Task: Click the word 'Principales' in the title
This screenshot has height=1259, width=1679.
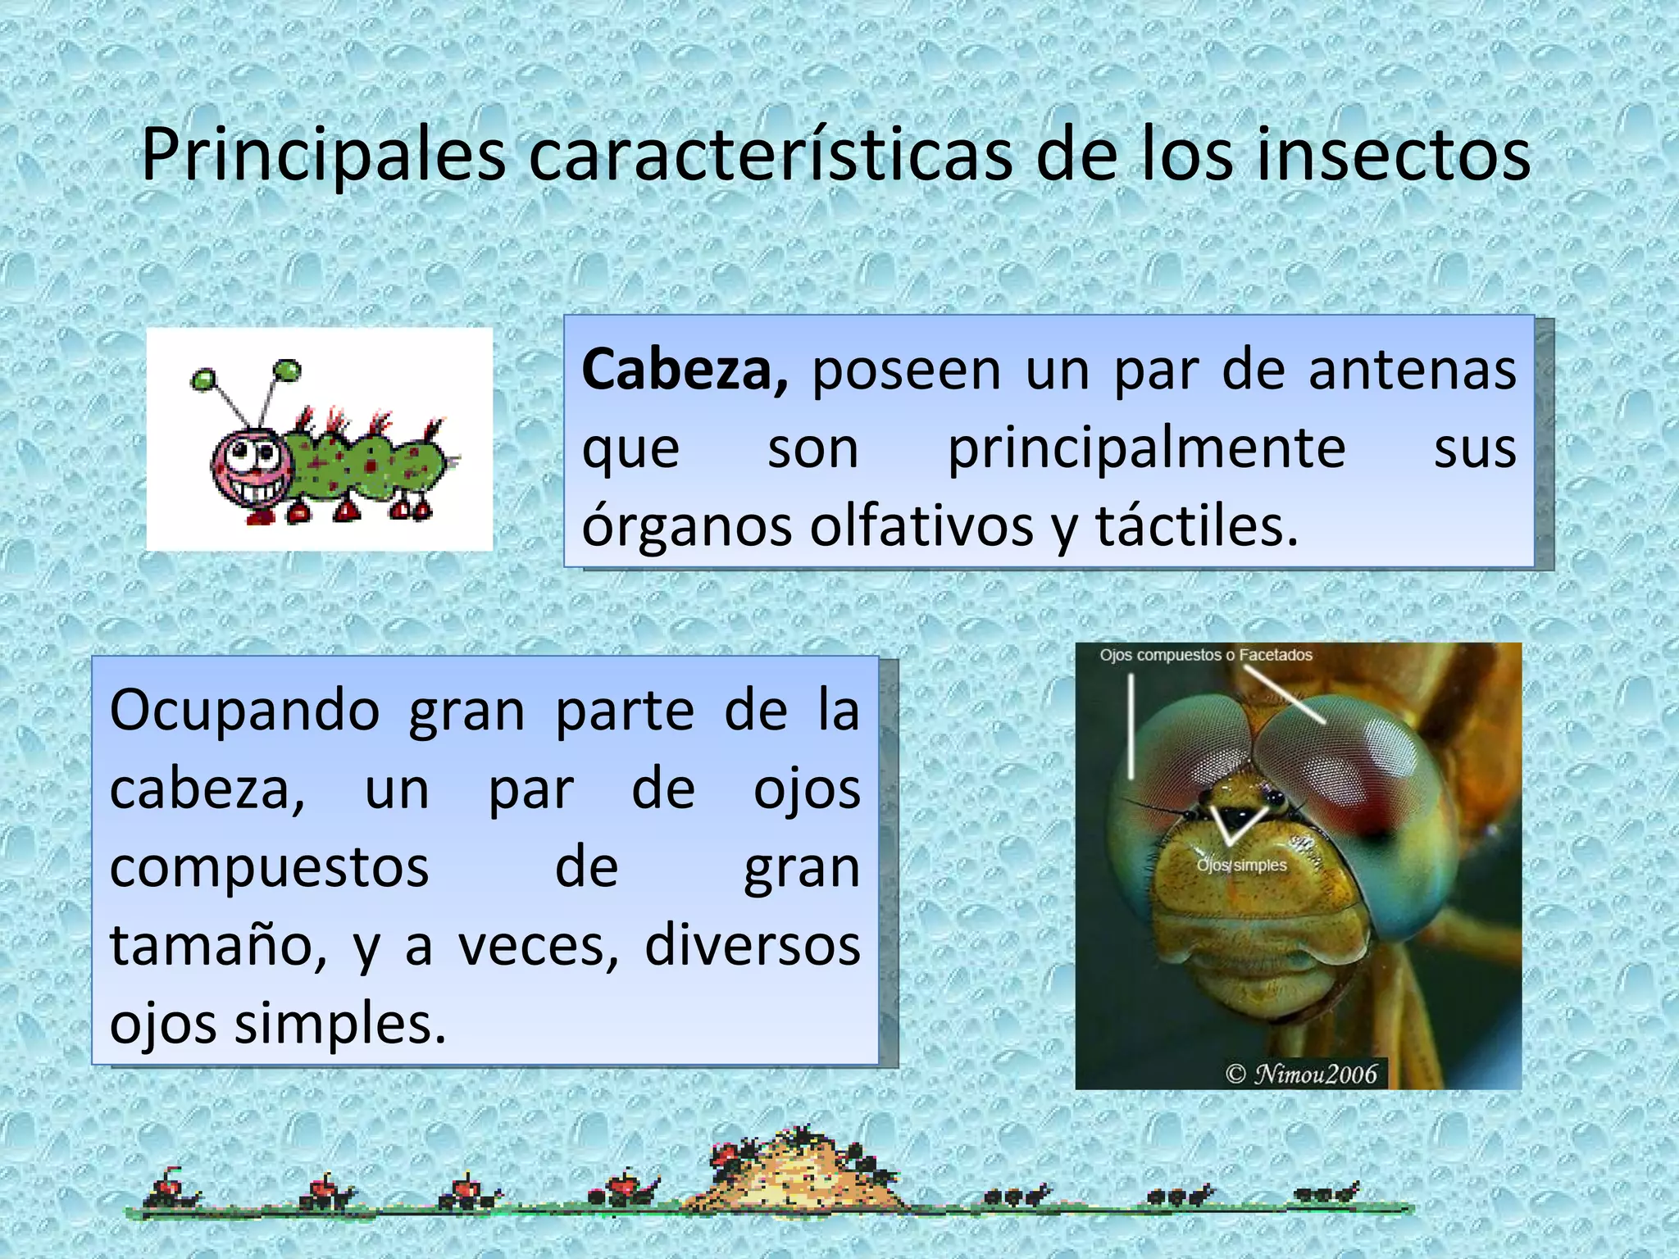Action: (324, 156)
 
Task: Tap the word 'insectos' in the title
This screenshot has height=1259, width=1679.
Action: (1393, 156)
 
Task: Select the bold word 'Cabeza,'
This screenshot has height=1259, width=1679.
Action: (685, 370)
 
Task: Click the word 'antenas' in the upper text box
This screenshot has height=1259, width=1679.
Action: (1412, 370)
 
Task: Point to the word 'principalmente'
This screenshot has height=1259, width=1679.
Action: (1146, 448)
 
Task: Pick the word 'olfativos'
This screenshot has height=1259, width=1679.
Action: (921, 525)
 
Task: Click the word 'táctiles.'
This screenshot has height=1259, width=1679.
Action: (1197, 525)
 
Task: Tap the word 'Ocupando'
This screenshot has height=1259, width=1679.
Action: (244, 710)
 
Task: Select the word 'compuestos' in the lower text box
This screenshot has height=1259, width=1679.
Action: (269, 867)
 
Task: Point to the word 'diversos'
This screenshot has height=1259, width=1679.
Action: (753, 946)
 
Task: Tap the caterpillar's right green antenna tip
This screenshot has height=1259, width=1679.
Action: (287, 370)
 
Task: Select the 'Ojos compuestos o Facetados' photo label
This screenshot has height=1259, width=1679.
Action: (1205, 656)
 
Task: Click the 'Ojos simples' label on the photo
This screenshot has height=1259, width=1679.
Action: (1241, 866)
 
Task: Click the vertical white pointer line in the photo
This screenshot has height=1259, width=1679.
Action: (1131, 726)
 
